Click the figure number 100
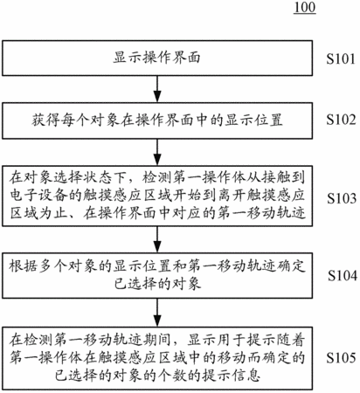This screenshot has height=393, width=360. [x=305, y=7]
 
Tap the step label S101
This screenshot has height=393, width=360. [x=341, y=59]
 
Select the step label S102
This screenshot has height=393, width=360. [x=341, y=120]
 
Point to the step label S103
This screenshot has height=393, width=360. [x=342, y=198]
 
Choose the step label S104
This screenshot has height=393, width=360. [x=343, y=275]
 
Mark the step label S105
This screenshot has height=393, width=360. [x=341, y=358]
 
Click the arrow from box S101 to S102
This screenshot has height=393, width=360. [x=157, y=89]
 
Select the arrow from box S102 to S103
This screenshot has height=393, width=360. [x=157, y=152]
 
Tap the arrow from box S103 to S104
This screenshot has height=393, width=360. [x=157, y=239]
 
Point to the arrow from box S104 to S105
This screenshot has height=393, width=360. [x=157, y=313]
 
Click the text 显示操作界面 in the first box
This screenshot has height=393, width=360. [x=157, y=58]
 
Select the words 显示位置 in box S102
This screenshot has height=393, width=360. [x=253, y=121]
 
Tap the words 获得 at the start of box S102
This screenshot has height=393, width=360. [x=46, y=121]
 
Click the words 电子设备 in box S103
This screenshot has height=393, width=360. [x=39, y=196]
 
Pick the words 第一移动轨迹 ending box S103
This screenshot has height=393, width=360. [x=261, y=213]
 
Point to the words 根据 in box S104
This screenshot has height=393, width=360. [x=24, y=266]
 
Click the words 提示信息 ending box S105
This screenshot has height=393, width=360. [x=232, y=376]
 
